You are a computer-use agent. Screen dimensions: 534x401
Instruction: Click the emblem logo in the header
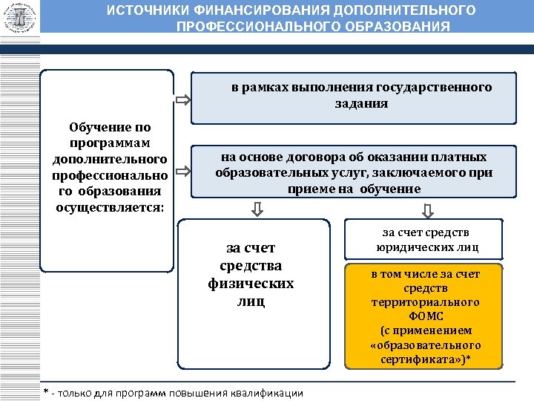[x=20, y=16]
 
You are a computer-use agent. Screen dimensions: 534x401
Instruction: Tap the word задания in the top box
[x=360, y=103]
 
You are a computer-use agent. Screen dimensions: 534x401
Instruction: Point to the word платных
[x=466, y=157]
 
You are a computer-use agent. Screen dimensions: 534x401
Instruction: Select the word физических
[x=251, y=284]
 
